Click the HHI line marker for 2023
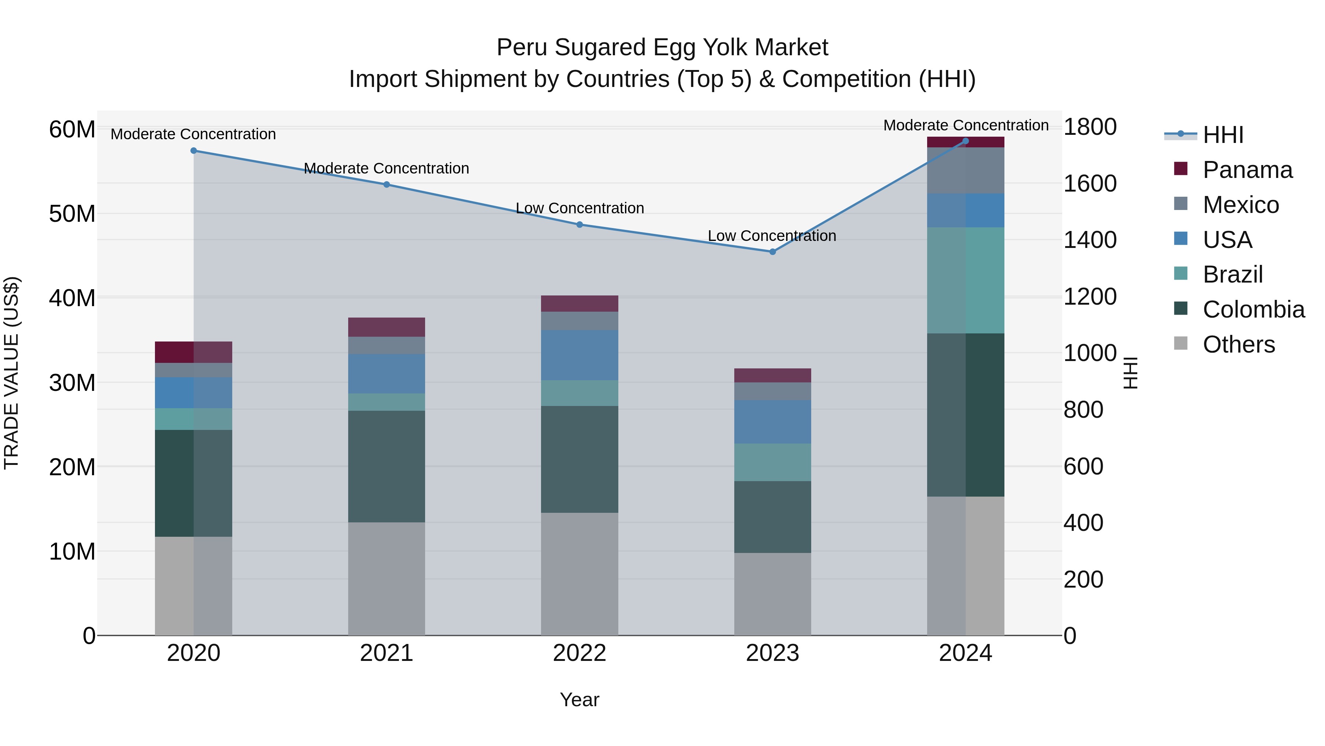(772, 252)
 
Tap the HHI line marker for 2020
(193, 151)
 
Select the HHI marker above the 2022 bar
(579, 224)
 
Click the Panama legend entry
(1247, 170)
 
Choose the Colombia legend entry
(1253, 309)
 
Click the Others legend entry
(1238, 344)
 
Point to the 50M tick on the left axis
(72, 214)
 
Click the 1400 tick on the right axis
(1089, 240)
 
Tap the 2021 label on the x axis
(386, 653)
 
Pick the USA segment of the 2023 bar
(772, 422)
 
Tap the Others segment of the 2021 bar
(386, 579)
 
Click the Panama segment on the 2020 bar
(193, 352)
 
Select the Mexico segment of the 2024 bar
(965, 171)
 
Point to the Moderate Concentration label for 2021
(386, 168)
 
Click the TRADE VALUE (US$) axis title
(11, 373)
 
